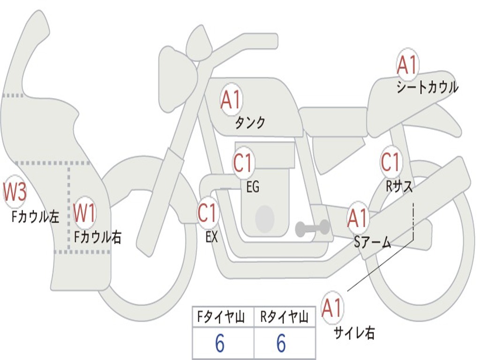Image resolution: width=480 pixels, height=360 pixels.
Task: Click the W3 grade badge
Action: (15, 192)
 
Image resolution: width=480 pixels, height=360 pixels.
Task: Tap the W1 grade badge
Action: (85, 213)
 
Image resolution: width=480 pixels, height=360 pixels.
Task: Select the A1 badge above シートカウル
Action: (407, 65)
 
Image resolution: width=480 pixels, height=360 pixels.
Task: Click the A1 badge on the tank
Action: (230, 100)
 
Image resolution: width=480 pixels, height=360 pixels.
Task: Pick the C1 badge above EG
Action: (243, 164)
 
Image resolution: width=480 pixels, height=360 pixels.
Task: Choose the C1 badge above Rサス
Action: (390, 162)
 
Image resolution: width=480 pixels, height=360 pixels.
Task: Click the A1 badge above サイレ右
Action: (332, 308)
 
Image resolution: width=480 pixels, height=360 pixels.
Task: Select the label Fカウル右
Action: (97, 237)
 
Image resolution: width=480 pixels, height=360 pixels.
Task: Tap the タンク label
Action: (250, 123)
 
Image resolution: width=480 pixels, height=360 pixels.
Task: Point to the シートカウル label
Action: (427, 88)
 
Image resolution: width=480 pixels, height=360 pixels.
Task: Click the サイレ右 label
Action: (354, 333)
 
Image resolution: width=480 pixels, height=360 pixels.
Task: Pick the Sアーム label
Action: (373, 242)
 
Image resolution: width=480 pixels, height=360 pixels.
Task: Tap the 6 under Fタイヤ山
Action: (219, 344)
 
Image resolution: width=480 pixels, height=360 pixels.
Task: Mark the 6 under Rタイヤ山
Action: (281, 344)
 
